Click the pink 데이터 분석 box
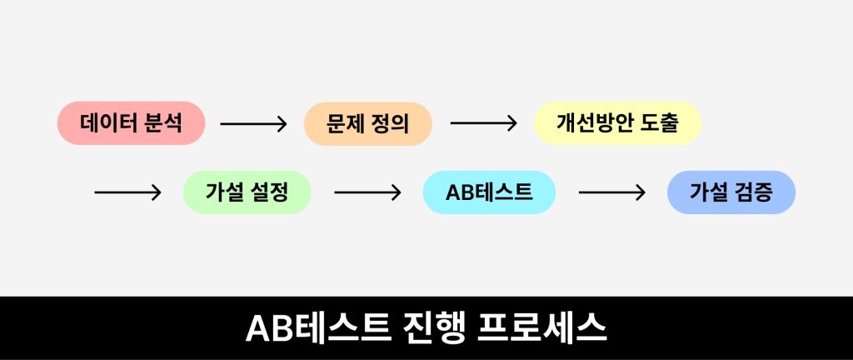pyautogui.click(x=131, y=122)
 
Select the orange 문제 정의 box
pyautogui.click(x=367, y=124)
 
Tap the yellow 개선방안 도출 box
pyautogui.click(x=617, y=122)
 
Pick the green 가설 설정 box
pyautogui.click(x=247, y=192)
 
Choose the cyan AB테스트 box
pyautogui.click(x=489, y=192)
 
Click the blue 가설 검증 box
pyautogui.click(x=731, y=192)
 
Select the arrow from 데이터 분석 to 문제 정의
pyautogui.click(x=253, y=124)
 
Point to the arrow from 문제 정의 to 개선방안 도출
pyautogui.click(x=484, y=123)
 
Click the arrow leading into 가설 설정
pyautogui.click(x=127, y=192)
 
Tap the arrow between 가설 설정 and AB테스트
pyautogui.click(x=367, y=192)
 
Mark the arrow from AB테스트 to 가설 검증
pyautogui.click(x=612, y=192)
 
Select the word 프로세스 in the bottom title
pyautogui.click(x=541, y=327)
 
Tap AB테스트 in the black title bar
pyautogui.click(x=319, y=327)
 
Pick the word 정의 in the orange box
pyautogui.click(x=390, y=124)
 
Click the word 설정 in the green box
pyautogui.click(x=268, y=192)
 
